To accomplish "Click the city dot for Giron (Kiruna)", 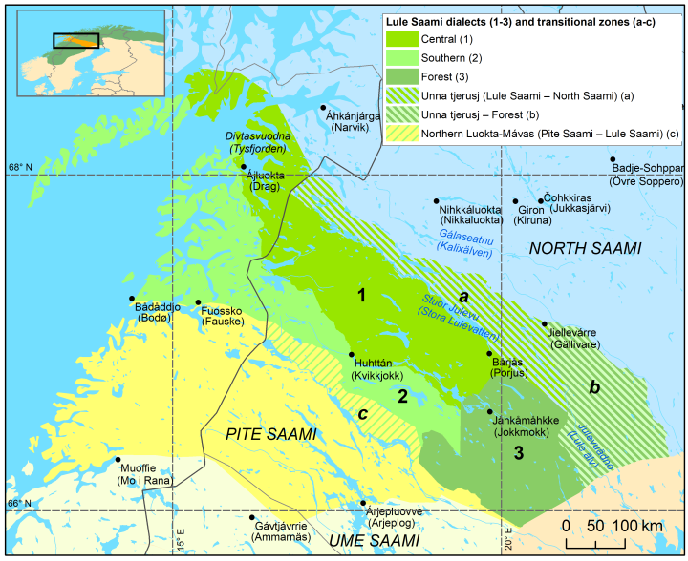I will [515, 201].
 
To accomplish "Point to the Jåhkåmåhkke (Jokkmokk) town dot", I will [490, 411].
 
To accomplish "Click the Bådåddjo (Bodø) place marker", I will [132, 299].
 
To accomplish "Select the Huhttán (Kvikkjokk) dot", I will [351, 354].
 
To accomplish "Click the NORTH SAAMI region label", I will [584, 248].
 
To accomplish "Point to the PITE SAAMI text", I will [269, 434].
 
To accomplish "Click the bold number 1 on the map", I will [361, 296].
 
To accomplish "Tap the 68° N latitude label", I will [21, 168].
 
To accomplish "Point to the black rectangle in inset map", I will [75, 41].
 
